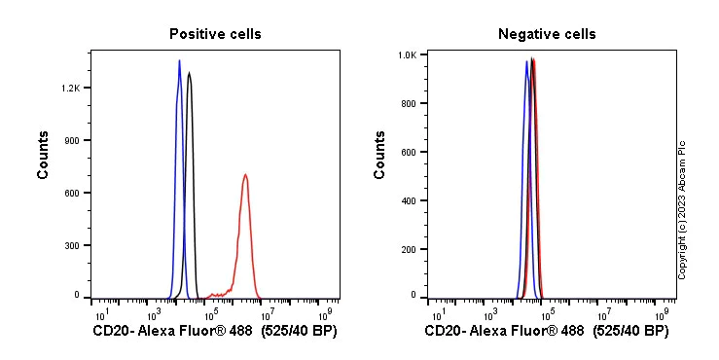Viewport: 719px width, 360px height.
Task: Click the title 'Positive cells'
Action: click(x=215, y=34)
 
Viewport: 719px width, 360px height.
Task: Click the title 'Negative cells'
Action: click(x=547, y=34)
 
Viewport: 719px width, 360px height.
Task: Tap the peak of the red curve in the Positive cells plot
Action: click(x=245, y=175)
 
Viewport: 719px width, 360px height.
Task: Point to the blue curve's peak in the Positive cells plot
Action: click(x=179, y=61)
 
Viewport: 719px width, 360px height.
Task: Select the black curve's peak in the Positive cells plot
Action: click(x=189, y=73)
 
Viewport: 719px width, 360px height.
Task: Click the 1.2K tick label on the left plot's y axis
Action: click(x=70, y=88)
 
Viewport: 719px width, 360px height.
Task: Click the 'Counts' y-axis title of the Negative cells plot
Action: click(x=380, y=155)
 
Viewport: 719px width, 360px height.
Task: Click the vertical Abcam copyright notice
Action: click(x=682, y=209)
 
